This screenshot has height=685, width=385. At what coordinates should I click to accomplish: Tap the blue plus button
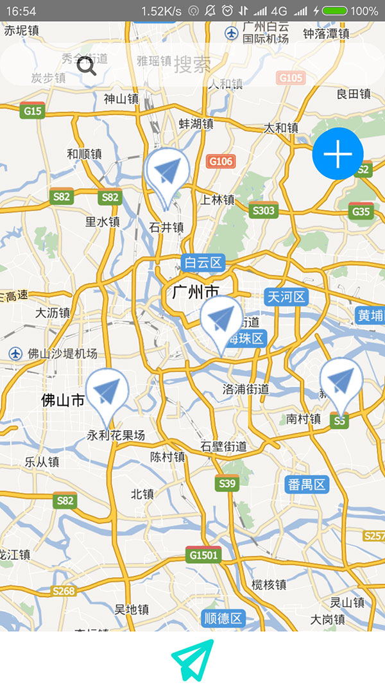pyautogui.click(x=338, y=154)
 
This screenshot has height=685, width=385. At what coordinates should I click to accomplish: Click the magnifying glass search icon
pyautogui.click(x=87, y=65)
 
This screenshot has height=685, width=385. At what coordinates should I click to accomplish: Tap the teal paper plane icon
pyautogui.click(x=193, y=659)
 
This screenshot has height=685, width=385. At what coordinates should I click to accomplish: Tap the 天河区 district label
pyautogui.click(x=287, y=297)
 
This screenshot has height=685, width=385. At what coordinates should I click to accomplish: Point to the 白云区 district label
pyautogui.click(x=202, y=262)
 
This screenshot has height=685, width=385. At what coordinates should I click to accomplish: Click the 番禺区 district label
pyautogui.click(x=307, y=484)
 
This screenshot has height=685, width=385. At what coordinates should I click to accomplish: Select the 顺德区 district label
pyautogui.click(x=223, y=618)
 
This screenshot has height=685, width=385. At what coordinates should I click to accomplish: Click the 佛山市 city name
pyautogui.click(x=63, y=401)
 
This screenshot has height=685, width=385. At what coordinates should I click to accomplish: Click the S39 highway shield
pyautogui.click(x=227, y=483)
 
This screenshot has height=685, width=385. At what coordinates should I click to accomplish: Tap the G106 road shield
pyautogui.click(x=220, y=161)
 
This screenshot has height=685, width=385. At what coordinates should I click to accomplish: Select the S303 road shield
pyautogui.click(x=263, y=210)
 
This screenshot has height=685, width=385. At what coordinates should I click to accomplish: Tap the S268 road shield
pyautogui.click(x=64, y=591)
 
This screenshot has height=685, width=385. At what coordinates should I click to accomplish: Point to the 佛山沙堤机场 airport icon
pyautogui.click(x=15, y=354)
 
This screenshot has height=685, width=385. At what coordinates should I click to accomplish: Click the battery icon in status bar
pyautogui.click(x=334, y=11)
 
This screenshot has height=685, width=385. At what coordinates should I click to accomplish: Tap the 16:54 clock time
pyautogui.click(x=21, y=11)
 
